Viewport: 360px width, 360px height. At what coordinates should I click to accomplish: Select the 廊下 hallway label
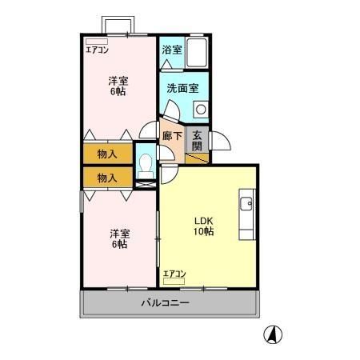click(x=171, y=136)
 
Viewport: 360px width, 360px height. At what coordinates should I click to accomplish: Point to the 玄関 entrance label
click(x=198, y=140)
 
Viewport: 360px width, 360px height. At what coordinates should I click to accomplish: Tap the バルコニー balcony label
click(x=166, y=303)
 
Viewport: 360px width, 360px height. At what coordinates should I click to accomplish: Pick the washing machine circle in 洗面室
click(x=201, y=108)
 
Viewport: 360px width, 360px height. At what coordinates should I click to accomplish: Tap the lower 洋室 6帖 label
click(x=118, y=238)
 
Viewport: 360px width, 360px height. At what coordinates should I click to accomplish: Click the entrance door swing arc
click(x=220, y=142)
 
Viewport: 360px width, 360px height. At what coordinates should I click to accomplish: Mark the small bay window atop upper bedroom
click(x=115, y=25)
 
